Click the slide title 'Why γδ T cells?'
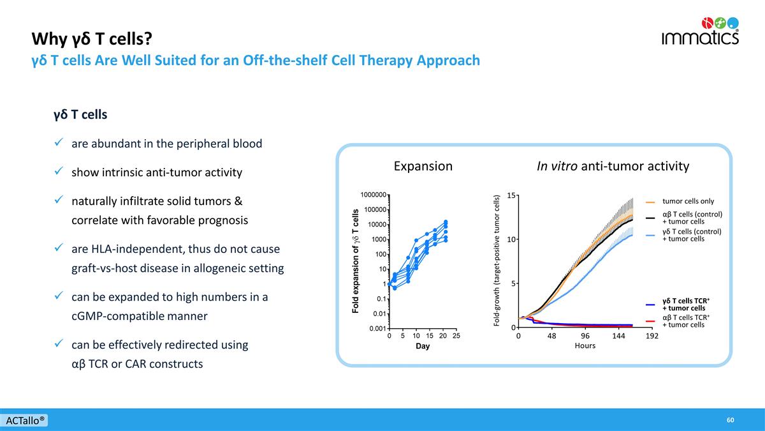click(x=92, y=40)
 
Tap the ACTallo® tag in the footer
click(x=25, y=421)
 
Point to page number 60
click(x=730, y=420)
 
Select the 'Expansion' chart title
click(x=423, y=167)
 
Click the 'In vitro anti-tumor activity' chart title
click(x=613, y=167)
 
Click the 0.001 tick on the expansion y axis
click(x=376, y=328)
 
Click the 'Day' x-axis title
click(x=423, y=347)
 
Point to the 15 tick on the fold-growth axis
click(x=511, y=196)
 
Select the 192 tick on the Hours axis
click(x=652, y=336)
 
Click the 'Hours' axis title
click(x=585, y=346)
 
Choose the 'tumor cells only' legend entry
click(x=688, y=201)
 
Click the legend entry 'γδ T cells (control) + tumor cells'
click(x=691, y=235)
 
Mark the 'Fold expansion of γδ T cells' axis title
click(x=356, y=262)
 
